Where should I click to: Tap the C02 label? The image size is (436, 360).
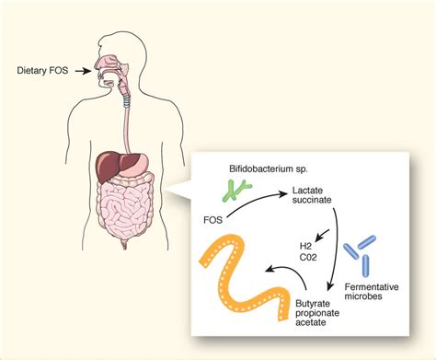tap(306, 259)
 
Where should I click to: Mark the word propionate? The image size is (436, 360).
tap(317, 312)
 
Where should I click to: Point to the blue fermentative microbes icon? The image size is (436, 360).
tap(361, 250)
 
